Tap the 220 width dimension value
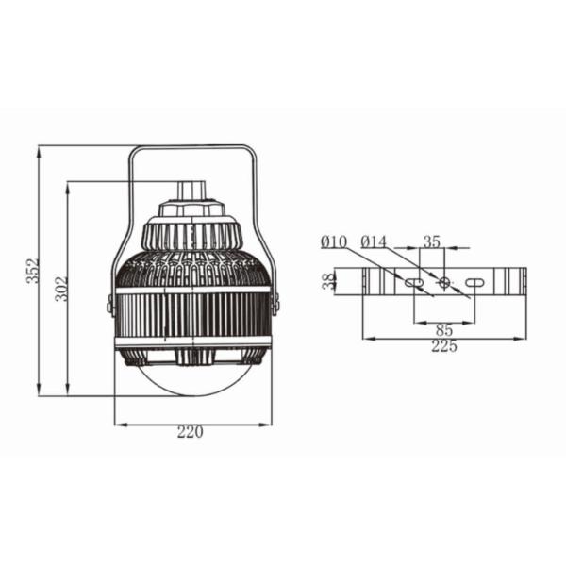pyautogui.click(x=191, y=432)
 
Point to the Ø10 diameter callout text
pyautogui.click(x=334, y=242)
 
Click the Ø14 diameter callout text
pyautogui.click(x=374, y=242)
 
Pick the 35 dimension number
pyautogui.click(x=431, y=241)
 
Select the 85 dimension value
pyautogui.click(x=444, y=330)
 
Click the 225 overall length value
pyautogui.click(x=444, y=347)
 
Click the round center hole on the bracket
pyautogui.click(x=444, y=282)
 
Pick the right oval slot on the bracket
pyautogui.click(x=474, y=282)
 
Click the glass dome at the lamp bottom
pyautogui.click(x=192, y=377)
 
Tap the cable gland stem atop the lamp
pyautogui.click(x=192, y=191)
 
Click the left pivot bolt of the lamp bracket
pyautogui.click(x=110, y=304)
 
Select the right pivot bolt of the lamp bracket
pyautogui.click(x=275, y=304)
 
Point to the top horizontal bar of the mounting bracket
pyautogui.click(x=192, y=147)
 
